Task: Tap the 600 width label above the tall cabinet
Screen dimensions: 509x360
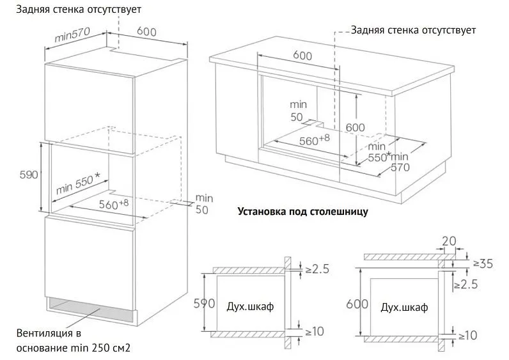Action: (x=146, y=31)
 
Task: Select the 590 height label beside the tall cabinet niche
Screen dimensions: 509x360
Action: (x=29, y=175)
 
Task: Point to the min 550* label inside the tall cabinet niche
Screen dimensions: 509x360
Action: (x=78, y=184)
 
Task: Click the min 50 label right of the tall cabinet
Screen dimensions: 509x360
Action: (x=204, y=204)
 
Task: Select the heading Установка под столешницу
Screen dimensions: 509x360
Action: (x=303, y=212)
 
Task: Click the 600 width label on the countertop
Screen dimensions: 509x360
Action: (x=302, y=56)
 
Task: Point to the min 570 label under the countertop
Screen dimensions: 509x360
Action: (x=400, y=162)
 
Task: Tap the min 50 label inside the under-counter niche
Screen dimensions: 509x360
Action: (x=298, y=111)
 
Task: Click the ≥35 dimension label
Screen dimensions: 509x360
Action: (x=483, y=263)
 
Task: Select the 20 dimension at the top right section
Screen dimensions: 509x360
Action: (x=450, y=241)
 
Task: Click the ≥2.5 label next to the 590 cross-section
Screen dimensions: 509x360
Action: (x=317, y=269)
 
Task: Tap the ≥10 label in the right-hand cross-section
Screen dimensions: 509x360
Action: (x=468, y=335)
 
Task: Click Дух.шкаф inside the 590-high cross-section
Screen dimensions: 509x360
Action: (x=250, y=306)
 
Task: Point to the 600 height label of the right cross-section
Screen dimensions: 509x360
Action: (x=357, y=304)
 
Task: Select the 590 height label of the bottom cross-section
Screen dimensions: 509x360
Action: (x=204, y=303)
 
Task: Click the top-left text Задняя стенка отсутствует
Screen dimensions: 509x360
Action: (x=79, y=10)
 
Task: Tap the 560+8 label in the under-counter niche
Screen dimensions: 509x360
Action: (x=314, y=140)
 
